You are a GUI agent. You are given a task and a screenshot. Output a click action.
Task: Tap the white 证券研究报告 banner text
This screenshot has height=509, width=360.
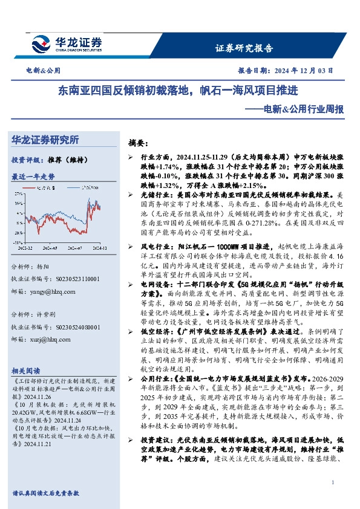pos(244,48)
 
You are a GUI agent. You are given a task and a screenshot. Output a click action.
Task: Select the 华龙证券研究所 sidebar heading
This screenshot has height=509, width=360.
pos(45,140)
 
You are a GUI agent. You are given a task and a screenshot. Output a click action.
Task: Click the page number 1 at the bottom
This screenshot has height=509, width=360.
pos(333,482)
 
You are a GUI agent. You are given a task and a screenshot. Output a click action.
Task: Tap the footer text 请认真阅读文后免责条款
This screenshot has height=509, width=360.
pos(46,493)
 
